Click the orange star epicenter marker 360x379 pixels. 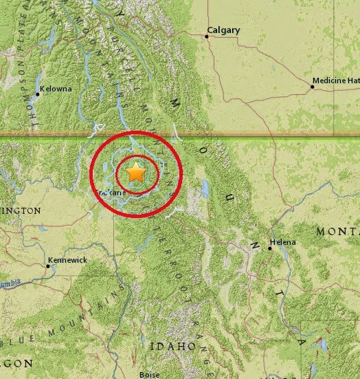136,173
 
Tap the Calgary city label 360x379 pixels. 223,30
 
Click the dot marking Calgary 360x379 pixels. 207,36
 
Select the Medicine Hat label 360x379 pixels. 336,81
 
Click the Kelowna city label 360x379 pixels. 56,89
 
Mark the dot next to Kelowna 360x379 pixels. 38,94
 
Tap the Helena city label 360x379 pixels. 283,243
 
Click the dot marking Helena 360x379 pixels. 270,248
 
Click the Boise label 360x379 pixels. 149,374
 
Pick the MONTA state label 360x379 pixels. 337,232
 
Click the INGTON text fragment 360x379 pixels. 20,210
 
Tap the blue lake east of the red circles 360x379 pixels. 204,188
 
